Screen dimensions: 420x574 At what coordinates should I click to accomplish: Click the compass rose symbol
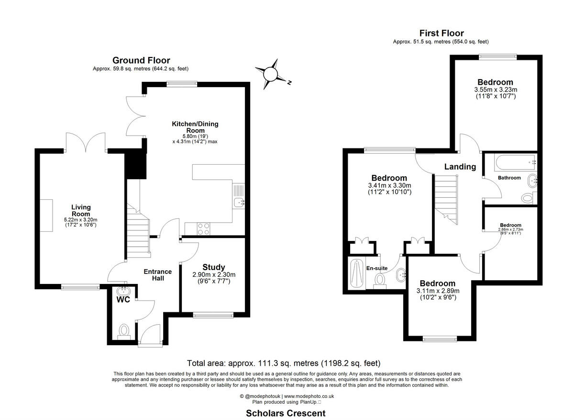[271, 74]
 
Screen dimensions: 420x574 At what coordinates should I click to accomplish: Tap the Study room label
[213, 267]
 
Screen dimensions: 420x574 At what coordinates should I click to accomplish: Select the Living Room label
[81, 211]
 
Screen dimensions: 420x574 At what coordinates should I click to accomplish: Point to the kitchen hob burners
[203, 229]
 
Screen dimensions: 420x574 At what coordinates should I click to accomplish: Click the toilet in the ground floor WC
[124, 330]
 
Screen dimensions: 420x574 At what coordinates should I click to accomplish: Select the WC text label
[123, 300]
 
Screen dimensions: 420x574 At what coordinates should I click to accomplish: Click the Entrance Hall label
[157, 275]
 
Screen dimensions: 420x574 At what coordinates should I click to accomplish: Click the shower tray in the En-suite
[356, 273]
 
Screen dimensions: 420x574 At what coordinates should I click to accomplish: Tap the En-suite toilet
[380, 280]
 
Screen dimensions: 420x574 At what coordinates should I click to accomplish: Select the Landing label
[460, 167]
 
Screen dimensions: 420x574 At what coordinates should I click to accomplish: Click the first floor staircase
[446, 196]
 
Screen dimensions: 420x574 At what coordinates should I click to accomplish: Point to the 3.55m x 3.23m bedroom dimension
[495, 90]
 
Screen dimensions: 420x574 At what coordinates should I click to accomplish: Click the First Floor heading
[442, 33]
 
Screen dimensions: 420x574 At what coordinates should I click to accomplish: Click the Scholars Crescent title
[286, 413]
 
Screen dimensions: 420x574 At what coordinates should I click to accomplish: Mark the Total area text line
[286, 363]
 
